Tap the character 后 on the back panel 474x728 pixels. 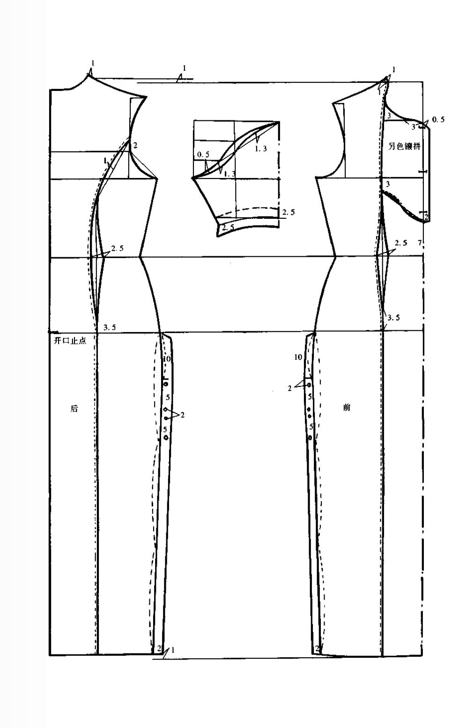point(74,409)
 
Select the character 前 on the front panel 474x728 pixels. point(347,408)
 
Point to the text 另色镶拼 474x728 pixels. point(405,146)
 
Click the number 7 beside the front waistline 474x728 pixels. point(420,243)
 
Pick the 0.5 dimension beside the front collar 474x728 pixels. point(438,120)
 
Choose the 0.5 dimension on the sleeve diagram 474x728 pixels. point(203,154)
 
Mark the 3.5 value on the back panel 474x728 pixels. point(110,327)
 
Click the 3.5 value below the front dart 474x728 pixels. point(393,318)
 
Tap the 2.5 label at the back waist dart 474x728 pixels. point(117,248)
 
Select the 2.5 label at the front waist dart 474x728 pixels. point(401,243)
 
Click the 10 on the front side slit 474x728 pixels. point(298,357)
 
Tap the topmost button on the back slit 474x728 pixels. point(166,384)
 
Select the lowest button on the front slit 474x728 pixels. point(311,438)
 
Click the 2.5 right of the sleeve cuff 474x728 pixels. point(289,212)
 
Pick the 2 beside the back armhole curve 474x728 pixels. point(135,146)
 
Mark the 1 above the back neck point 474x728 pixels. point(93,63)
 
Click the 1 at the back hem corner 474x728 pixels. point(173,650)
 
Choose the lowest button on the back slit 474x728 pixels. point(166,438)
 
